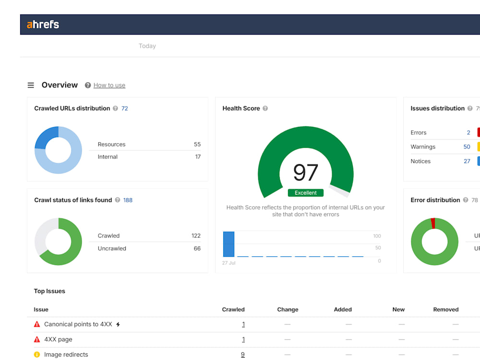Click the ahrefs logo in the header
43,24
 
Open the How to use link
109,85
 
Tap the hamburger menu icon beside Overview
31,85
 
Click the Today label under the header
147,46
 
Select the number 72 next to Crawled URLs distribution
125,108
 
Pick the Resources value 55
197,144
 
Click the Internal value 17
198,157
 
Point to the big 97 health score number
305,172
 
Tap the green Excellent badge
305,192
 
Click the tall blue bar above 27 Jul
228,244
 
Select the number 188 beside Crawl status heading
128,200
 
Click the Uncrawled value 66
197,249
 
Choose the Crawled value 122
196,236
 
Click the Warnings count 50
467,146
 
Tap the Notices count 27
467,161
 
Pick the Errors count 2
468,132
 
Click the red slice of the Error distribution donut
433,223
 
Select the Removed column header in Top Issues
446,310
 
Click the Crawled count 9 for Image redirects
243,355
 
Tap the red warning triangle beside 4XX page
37,339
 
